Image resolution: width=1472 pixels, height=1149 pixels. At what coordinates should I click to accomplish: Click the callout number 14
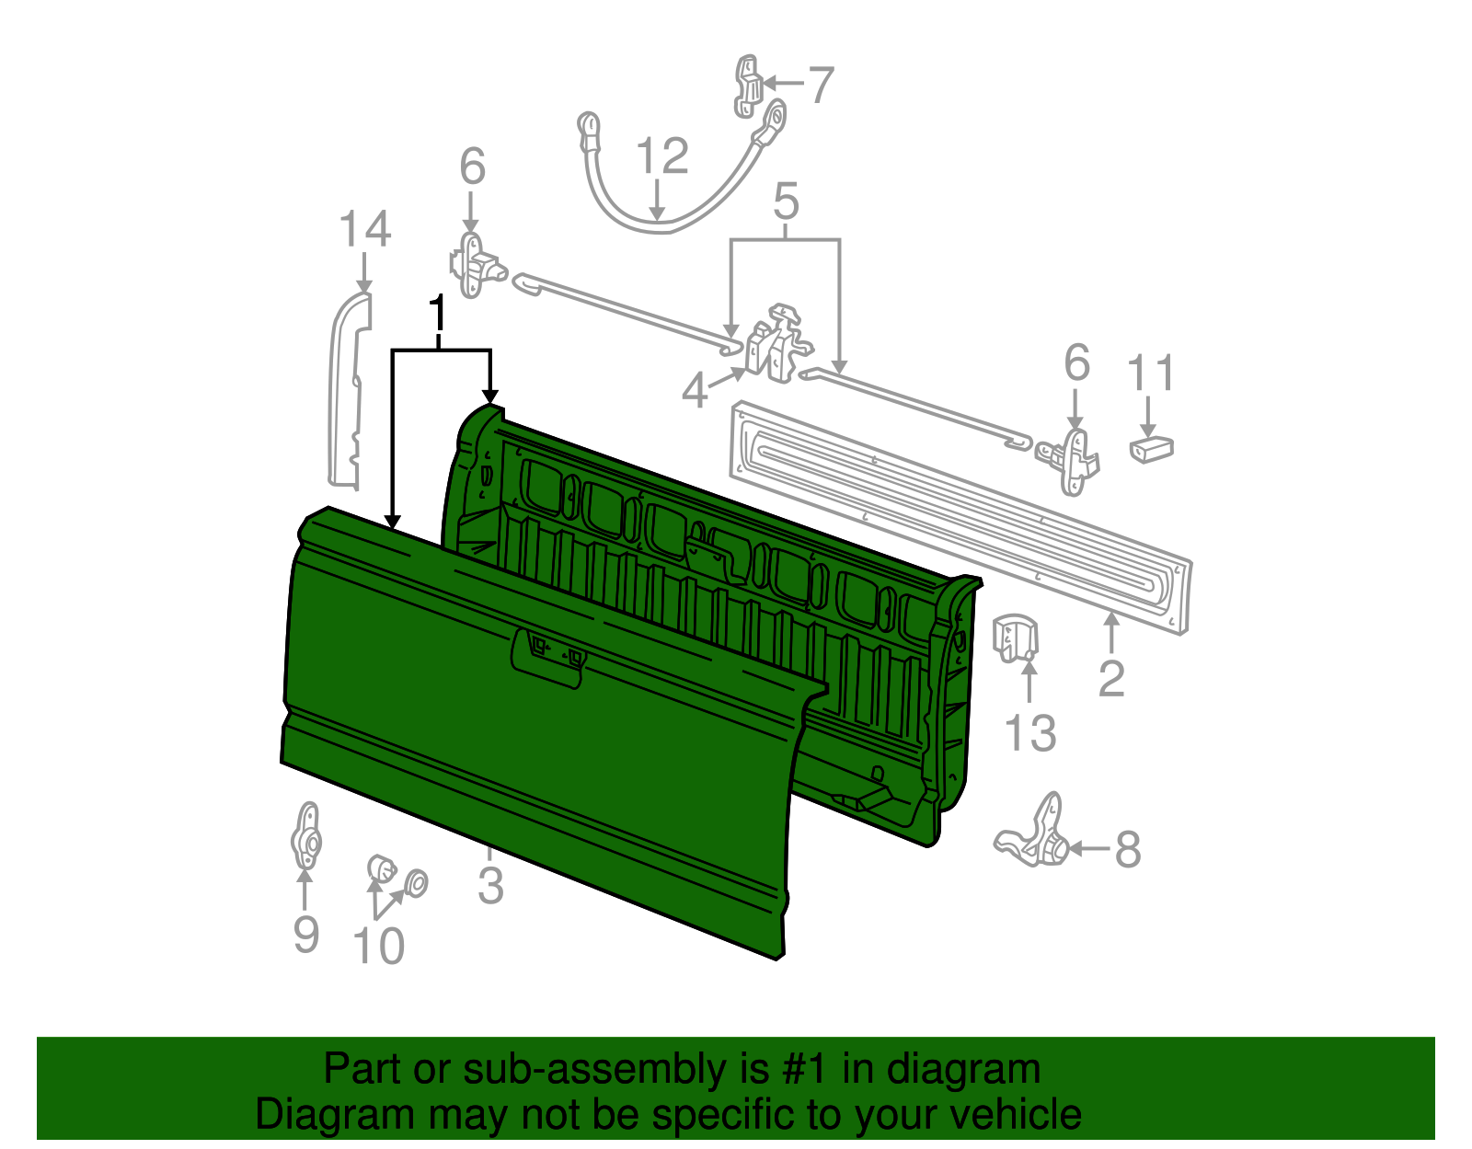click(365, 229)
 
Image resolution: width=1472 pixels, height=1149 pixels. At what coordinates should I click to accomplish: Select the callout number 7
click(820, 85)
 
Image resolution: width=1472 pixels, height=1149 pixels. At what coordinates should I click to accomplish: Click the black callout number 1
click(439, 314)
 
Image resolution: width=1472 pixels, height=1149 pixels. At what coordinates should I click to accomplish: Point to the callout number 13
click(1029, 733)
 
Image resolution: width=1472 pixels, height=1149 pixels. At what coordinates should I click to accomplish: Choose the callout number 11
click(1151, 373)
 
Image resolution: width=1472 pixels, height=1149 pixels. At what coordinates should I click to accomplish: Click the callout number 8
click(1128, 849)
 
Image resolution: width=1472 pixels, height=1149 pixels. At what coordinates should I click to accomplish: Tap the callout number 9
click(305, 934)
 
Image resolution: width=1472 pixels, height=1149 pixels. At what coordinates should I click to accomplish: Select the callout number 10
click(378, 946)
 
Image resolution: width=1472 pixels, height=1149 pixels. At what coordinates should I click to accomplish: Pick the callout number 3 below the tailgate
click(490, 885)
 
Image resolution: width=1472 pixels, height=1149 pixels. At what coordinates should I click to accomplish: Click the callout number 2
click(1111, 679)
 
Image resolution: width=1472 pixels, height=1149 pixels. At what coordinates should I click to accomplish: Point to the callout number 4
click(695, 391)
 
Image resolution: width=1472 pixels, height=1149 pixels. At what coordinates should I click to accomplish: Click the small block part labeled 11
click(1151, 449)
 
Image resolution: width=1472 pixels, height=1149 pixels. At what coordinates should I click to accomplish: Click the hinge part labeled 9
click(305, 836)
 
